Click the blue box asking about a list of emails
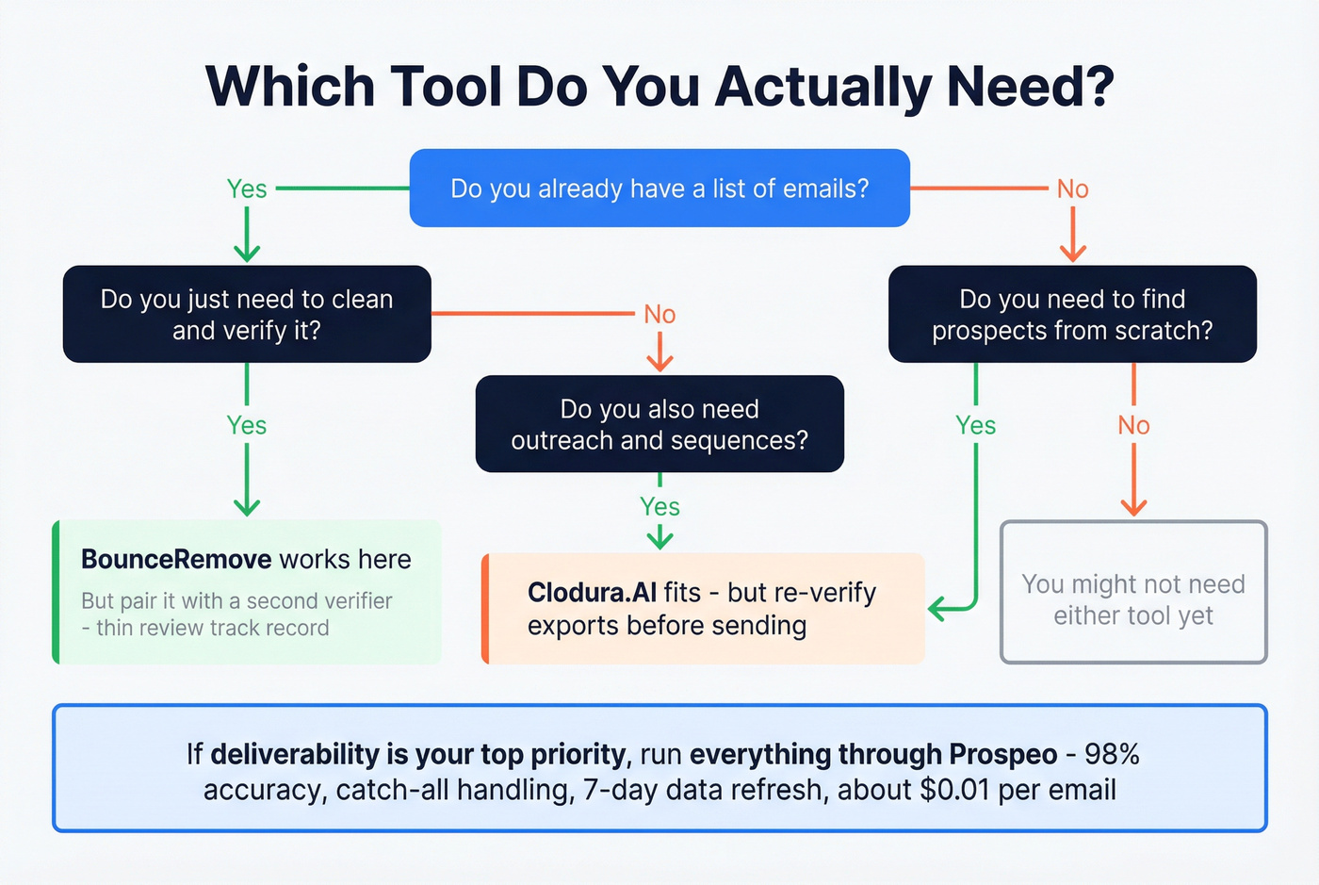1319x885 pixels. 659,188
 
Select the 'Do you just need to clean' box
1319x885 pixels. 247,314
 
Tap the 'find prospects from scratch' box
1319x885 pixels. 1072,314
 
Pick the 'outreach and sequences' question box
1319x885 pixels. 659,424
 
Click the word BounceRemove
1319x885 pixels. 176,560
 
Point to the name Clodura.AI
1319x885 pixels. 592,593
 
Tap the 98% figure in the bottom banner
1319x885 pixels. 1112,755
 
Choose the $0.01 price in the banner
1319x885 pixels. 955,790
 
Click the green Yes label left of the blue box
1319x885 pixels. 247,189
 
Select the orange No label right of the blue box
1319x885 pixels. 1072,189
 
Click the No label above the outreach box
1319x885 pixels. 659,315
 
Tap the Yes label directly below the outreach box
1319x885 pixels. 659,507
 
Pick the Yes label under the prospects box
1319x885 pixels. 975,426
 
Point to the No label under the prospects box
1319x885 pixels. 1133,426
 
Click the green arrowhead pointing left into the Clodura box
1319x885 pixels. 937,609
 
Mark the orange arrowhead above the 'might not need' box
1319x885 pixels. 1133,507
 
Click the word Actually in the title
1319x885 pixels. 822,87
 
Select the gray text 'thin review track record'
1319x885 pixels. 213,629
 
